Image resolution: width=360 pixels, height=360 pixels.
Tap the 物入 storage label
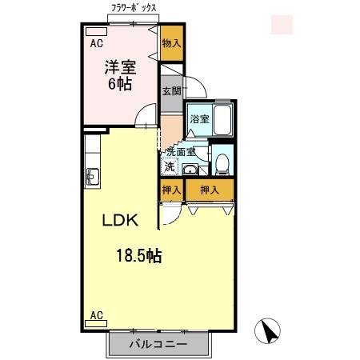coord(171,44)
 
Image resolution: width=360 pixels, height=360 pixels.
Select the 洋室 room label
coord(120,66)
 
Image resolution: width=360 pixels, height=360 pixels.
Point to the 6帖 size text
coord(120,83)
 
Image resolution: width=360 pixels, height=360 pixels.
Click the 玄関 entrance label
coord(172,90)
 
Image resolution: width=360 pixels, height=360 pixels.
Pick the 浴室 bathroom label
coord(199,120)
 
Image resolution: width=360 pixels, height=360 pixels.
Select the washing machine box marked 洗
coord(169,166)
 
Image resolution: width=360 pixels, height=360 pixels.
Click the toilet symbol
coord(222,164)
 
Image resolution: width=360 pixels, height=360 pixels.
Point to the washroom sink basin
coord(191,170)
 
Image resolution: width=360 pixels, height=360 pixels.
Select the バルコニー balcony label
coord(158,345)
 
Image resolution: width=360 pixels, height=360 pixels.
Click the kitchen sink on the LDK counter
coord(90,176)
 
